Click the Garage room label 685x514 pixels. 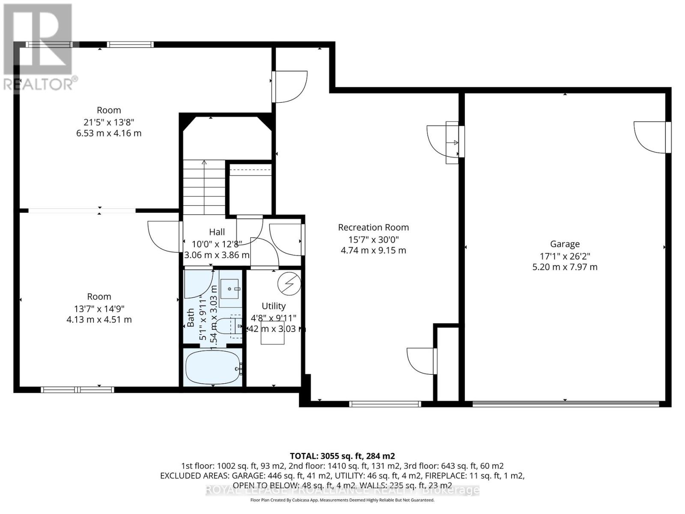[565, 244]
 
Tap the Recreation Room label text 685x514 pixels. [373, 227]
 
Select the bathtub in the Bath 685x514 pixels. [213, 368]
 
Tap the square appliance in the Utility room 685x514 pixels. [273, 333]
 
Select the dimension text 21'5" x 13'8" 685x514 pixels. [109, 122]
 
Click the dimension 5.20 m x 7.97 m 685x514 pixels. [565, 267]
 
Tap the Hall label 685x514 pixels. [217, 232]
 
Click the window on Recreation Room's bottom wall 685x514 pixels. [385, 403]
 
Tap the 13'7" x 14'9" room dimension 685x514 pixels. [99, 308]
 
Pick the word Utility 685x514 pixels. [274, 306]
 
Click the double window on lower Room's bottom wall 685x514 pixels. [77, 389]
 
